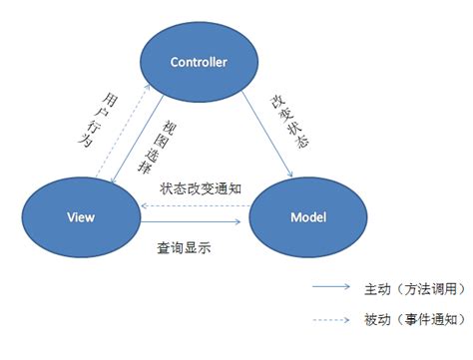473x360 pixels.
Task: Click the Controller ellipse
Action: [199, 62]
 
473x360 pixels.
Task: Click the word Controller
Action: [199, 62]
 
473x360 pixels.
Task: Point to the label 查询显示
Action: [183, 245]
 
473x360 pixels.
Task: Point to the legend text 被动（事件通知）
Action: [408, 319]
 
